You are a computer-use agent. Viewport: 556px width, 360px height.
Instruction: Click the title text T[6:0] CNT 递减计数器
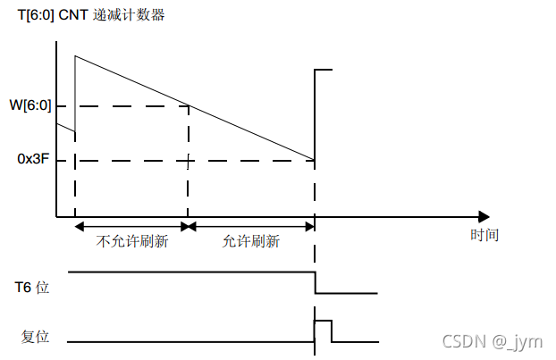click(x=91, y=15)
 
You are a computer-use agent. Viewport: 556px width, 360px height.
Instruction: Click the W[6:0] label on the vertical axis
click(x=29, y=105)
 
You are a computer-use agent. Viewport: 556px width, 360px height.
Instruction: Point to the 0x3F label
click(x=32, y=160)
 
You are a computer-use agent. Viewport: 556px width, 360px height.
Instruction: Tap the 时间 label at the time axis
click(x=484, y=235)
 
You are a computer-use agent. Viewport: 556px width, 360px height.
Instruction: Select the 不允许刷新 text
click(x=132, y=241)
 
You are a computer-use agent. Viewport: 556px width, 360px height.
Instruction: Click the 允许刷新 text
click(x=251, y=241)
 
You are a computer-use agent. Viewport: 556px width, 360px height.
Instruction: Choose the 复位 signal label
click(x=34, y=337)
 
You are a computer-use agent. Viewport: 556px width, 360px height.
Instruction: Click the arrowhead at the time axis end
click(x=484, y=216)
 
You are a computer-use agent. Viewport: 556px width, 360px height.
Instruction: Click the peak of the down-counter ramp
click(x=76, y=56)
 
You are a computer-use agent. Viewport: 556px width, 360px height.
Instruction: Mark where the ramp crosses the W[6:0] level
click(x=189, y=105)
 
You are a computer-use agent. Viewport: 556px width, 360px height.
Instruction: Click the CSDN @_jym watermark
click(x=506, y=341)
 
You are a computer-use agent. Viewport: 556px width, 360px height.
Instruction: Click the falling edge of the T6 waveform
click(x=315, y=281)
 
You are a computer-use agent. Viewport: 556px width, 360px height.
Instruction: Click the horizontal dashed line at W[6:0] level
click(x=125, y=105)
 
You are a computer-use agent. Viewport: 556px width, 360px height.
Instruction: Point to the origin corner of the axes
click(x=57, y=216)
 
